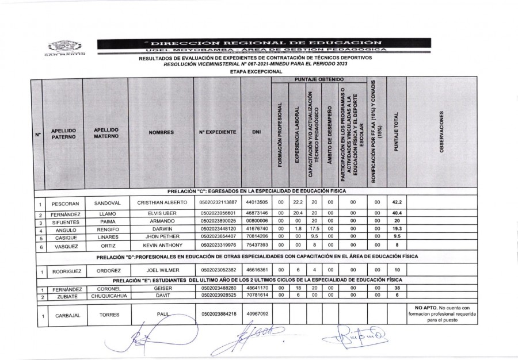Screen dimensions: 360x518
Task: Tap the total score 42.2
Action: [x=396, y=203]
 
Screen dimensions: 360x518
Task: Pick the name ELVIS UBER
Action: [x=161, y=213]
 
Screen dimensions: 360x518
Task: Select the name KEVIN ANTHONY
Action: [x=161, y=244]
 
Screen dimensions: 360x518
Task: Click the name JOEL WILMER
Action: [x=161, y=269]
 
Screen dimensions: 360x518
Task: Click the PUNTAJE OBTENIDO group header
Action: [x=319, y=78]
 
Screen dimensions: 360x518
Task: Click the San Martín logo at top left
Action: [x=64, y=48]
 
